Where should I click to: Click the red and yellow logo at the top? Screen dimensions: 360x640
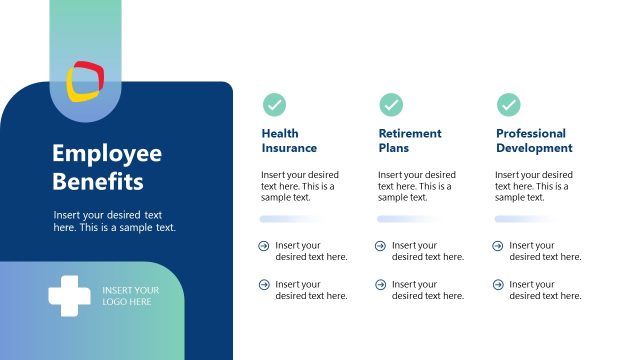[85, 81]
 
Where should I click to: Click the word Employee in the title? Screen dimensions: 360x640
[106, 154]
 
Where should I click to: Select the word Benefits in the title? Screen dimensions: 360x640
[97, 182]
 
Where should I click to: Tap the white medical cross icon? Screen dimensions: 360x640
[69, 296]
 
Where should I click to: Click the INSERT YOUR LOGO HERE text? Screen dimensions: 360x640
[130, 296]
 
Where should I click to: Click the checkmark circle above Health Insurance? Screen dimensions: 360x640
[274, 104]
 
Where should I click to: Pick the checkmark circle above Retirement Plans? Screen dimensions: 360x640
[391, 104]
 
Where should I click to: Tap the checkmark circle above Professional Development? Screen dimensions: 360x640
[509, 104]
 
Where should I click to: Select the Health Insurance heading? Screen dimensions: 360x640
[289, 141]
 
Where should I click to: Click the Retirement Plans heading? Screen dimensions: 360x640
[408, 141]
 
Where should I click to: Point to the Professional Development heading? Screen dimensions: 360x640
[534, 141]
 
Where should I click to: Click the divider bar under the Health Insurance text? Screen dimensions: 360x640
[290, 218]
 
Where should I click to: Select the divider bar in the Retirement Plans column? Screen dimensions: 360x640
[407, 218]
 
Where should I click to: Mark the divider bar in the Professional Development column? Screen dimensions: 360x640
[524, 218]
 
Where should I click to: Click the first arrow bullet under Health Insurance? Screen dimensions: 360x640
[264, 246]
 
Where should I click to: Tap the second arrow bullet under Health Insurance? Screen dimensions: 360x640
[264, 285]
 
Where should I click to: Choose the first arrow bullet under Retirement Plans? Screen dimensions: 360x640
[381, 246]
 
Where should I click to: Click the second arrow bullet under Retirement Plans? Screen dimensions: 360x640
[381, 285]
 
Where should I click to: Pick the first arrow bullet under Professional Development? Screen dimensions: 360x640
[498, 246]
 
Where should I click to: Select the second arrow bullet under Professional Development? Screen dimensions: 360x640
[498, 285]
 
